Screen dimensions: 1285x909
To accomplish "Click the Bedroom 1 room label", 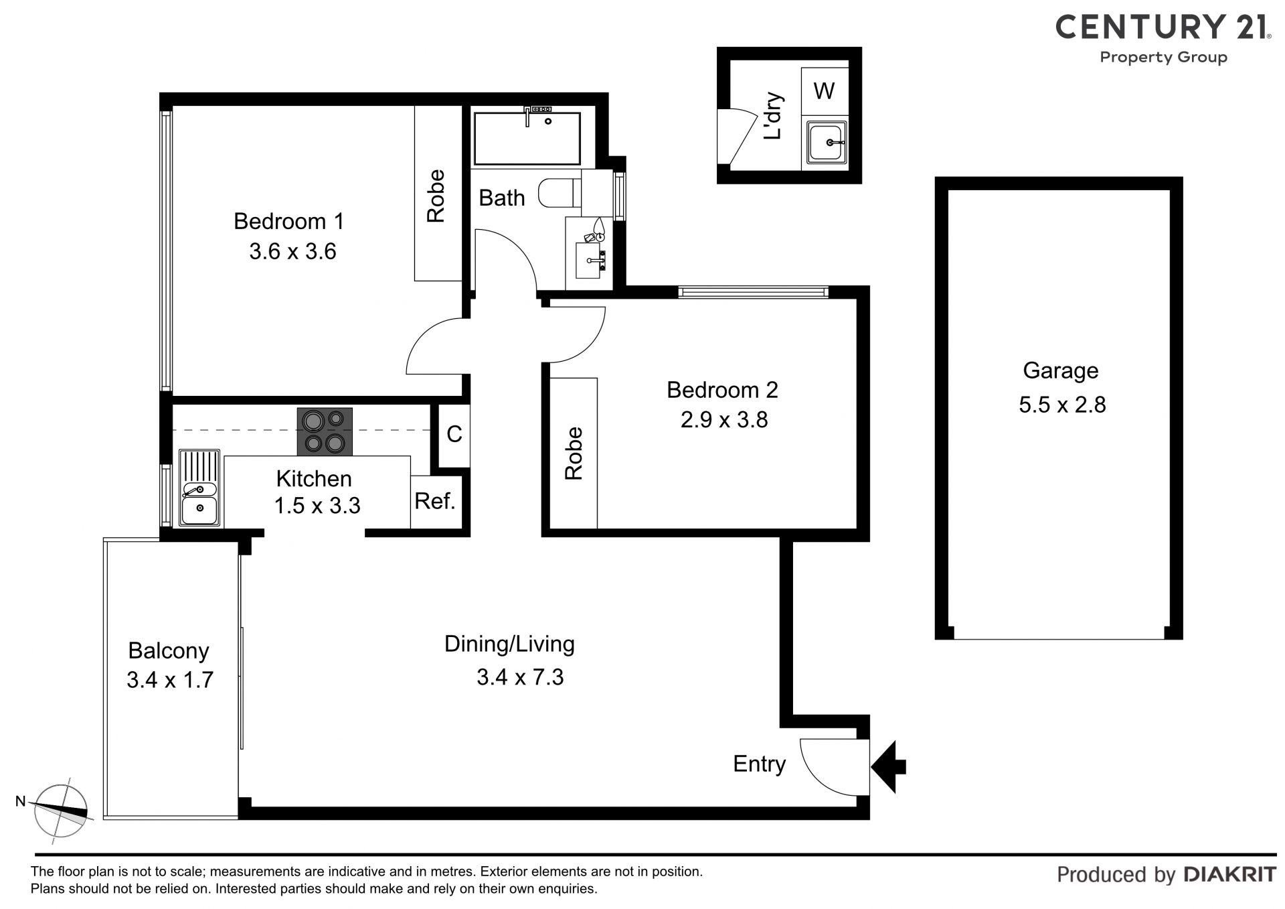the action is point(288,221).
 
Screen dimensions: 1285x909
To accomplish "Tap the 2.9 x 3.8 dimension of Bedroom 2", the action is point(723,420).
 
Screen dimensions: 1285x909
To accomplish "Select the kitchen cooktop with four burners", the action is point(325,431).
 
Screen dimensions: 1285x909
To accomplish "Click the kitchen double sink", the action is point(199,488).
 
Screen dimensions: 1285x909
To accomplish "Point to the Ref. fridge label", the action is point(435,501).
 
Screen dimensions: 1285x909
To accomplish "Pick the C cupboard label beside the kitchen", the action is point(454,434).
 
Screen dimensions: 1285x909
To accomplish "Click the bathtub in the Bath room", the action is point(527,138).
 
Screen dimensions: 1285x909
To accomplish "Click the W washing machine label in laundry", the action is point(824,90).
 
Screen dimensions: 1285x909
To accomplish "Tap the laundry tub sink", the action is point(827,142).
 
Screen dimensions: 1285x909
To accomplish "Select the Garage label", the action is point(1061,370).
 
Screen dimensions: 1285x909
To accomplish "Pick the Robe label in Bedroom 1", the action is point(436,196).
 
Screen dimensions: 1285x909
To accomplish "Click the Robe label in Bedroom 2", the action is point(574,453).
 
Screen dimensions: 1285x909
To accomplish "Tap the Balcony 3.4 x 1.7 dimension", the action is point(170,680).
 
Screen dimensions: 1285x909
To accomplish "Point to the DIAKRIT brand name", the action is point(1230,874).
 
